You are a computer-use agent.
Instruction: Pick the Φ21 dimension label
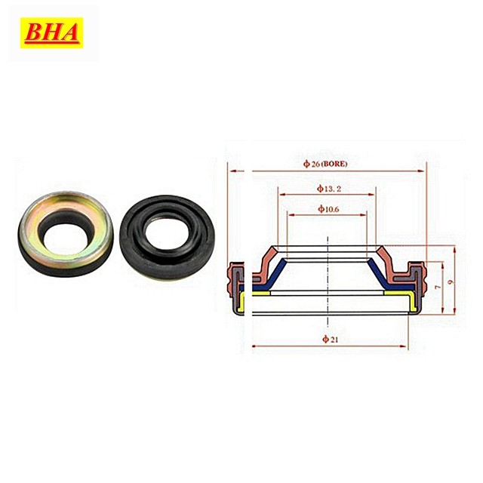328,337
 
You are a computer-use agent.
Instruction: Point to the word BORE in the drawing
337,163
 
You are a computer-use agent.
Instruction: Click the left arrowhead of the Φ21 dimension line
255,346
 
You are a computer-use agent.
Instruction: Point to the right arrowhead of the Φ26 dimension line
423,171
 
